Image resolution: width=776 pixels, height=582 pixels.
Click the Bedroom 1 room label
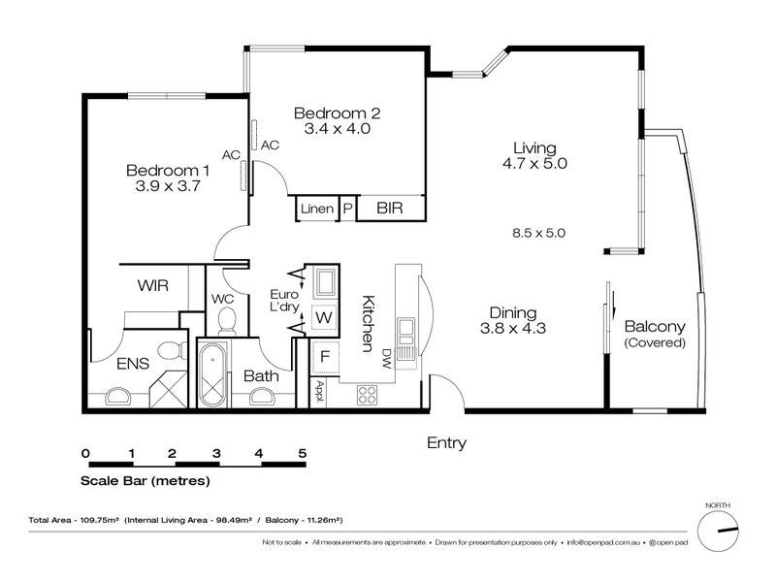(168, 171)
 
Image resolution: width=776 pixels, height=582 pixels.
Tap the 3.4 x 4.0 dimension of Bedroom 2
(337, 129)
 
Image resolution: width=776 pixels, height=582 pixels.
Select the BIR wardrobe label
(390, 208)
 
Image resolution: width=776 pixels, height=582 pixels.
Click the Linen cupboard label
(317, 209)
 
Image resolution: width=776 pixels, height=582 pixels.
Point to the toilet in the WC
(227, 320)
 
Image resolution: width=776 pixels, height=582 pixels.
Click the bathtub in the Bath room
(212, 373)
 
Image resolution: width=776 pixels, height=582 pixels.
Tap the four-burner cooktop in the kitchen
(368, 395)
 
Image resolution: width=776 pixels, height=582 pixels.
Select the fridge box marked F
(325, 356)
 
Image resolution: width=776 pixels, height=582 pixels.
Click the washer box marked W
(324, 317)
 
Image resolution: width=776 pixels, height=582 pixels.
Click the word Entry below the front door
(446, 442)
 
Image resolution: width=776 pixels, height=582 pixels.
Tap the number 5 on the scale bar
(303, 453)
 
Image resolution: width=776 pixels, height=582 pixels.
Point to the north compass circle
(718, 531)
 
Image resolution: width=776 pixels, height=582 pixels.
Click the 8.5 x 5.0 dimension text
(538, 233)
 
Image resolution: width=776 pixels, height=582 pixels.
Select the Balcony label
(655, 326)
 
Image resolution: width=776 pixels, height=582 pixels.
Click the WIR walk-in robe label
(153, 285)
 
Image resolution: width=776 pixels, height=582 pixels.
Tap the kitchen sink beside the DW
(405, 332)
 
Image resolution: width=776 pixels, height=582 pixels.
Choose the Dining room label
(513, 312)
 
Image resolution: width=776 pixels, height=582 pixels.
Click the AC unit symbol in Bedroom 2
(254, 135)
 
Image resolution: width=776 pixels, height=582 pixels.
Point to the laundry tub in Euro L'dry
(325, 283)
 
